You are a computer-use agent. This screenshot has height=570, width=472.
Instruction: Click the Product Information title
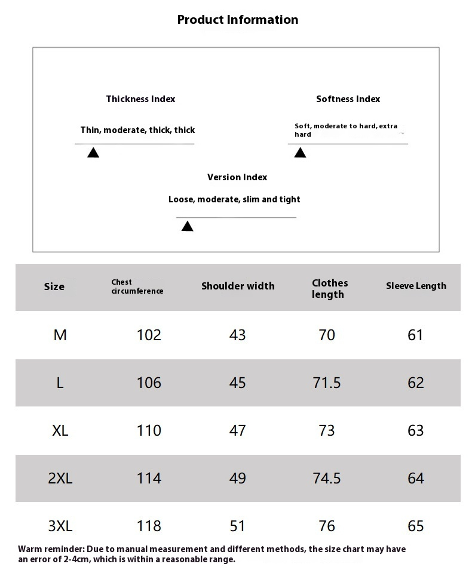(x=237, y=20)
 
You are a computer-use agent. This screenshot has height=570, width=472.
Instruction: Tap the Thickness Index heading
(x=140, y=99)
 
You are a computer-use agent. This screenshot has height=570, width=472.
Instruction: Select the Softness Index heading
(x=348, y=99)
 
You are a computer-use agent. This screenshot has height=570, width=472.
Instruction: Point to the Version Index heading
(x=237, y=177)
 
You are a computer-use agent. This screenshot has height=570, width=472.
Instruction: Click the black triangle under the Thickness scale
(x=93, y=153)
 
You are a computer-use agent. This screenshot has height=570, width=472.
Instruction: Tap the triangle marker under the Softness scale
(x=300, y=153)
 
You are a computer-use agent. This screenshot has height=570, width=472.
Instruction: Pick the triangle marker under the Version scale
(x=187, y=226)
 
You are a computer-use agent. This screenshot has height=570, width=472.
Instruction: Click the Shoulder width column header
(x=238, y=286)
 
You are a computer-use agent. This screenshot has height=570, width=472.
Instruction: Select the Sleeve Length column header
(x=416, y=286)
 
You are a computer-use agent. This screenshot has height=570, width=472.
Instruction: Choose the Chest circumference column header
(x=137, y=286)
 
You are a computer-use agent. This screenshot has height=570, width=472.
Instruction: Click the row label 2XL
(x=60, y=478)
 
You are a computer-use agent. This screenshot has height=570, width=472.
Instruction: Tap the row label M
(x=60, y=335)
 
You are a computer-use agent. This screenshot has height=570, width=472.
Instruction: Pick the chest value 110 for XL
(x=149, y=430)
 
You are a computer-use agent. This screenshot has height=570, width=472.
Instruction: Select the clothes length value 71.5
(x=327, y=383)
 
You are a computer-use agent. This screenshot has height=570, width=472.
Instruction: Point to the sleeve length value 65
(x=415, y=526)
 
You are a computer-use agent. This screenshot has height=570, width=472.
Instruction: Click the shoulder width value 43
(x=237, y=335)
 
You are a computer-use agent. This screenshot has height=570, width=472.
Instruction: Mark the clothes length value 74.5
(x=327, y=478)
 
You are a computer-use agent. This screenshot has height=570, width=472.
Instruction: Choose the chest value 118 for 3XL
(x=149, y=526)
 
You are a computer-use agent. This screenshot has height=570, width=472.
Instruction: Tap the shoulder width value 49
(x=237, y=478)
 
